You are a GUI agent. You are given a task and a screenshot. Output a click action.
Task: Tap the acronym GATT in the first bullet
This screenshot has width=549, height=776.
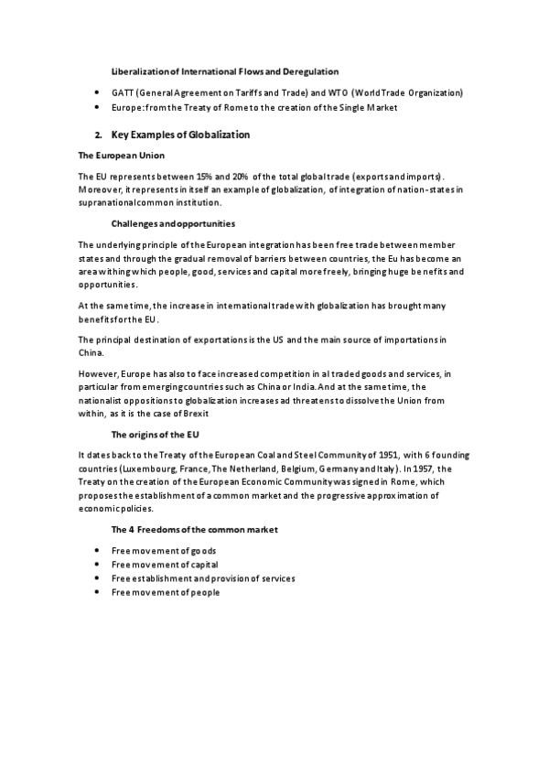pos(121,92)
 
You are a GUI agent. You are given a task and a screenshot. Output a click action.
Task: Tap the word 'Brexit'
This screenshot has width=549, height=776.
pos(208,413)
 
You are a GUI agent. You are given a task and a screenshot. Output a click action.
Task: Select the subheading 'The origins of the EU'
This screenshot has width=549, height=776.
pos(151,434)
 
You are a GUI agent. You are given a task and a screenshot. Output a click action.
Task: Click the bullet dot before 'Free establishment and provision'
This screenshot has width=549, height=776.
pos(97,578)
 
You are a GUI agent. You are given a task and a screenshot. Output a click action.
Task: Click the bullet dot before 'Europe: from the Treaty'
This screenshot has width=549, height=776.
pos(97,107)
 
